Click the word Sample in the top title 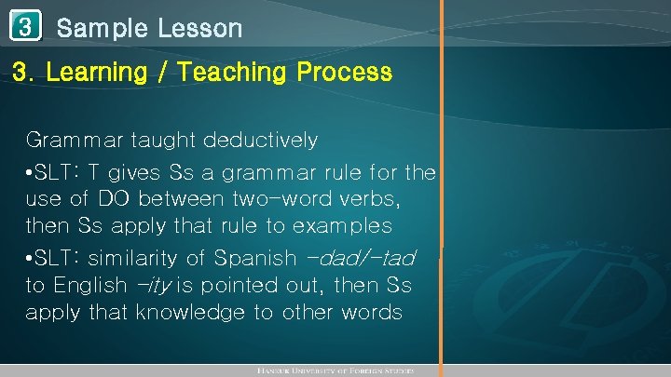102,28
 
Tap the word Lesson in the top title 199,28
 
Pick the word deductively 261,141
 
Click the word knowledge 192,312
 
